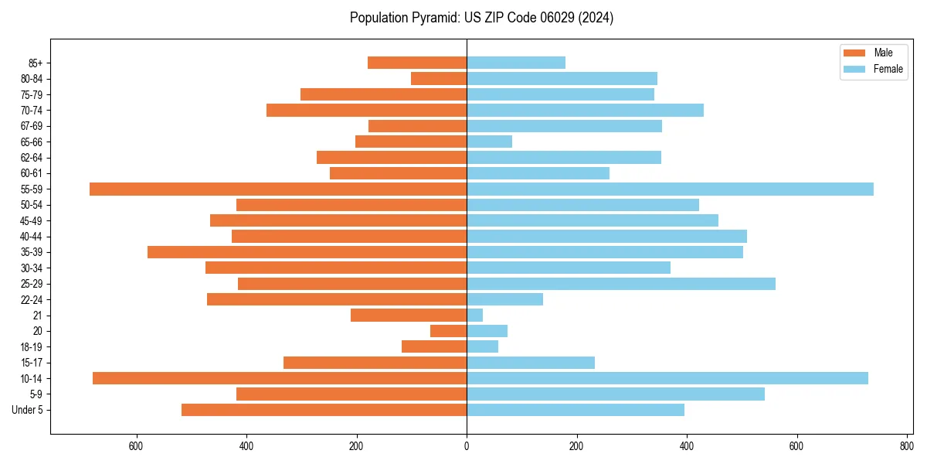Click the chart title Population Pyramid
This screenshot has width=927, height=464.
pos(481,18)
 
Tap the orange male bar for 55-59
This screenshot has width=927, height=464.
pos(278,189)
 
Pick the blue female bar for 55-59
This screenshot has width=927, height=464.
pos(670,189)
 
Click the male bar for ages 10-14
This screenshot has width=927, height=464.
pos(280,378)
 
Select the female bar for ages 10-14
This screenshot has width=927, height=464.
pos(667,378)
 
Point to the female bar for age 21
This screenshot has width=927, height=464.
pos(475,315)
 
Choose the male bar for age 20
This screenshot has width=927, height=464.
pos(449,331)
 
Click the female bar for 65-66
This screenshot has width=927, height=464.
pos(489,142)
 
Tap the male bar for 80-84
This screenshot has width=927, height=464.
pos(439,78)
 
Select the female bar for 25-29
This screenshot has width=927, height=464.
pos(621,284)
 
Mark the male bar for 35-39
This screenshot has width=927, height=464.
pos(307,252)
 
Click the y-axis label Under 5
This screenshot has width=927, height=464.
pos(27,410)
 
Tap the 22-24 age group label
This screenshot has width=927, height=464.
pos(32,299)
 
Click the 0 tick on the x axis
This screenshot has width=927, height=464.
pos(467,446)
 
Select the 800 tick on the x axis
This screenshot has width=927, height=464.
pos(906,446)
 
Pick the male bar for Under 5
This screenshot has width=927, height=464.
pos(324,410)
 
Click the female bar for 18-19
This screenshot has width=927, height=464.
pos(483,346)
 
